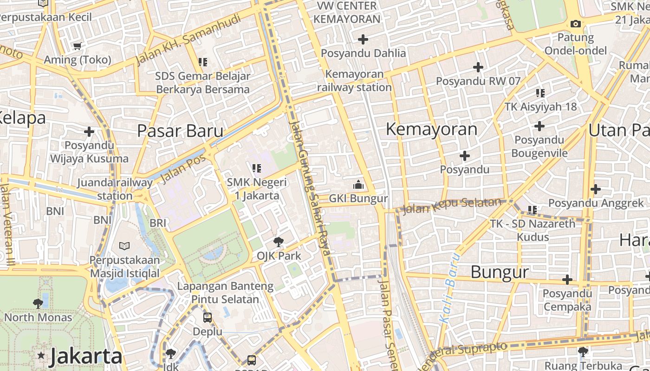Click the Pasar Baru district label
(180, 131)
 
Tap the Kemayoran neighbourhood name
(431, 129)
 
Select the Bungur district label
(500, 272)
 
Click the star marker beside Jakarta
(41, 356)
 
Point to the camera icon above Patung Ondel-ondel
(575, 24)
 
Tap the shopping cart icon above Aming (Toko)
(77, 46)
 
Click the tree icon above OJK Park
(279, 242)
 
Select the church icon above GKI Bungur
(358, 185)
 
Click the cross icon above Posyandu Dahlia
(363, 39)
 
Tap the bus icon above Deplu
(208, 318)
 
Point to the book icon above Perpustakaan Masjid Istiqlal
(124, 246)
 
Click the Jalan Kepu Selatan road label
(451, 206)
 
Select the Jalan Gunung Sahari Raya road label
(310, 188)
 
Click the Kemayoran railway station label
(354, 81)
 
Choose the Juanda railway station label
(115, 189)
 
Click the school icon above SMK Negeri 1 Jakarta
(257, 168)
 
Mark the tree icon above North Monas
(38, 304)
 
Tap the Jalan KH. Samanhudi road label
(188, 39)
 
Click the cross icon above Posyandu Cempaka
(567, 280)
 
